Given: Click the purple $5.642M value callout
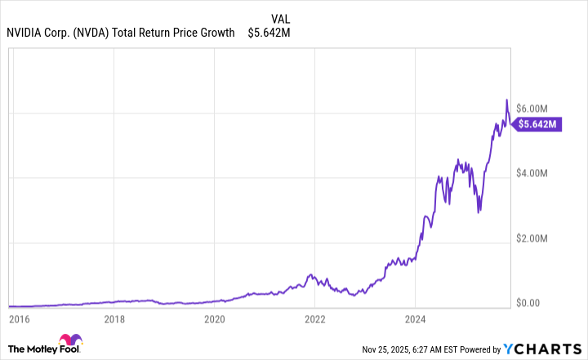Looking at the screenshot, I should click(x=542, y=124).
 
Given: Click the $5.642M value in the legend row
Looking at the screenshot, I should click(x=269, y=33).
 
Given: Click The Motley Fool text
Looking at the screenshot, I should click(x=33, y=345).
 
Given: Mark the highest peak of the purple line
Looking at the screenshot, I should click(x=506, y=100).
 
